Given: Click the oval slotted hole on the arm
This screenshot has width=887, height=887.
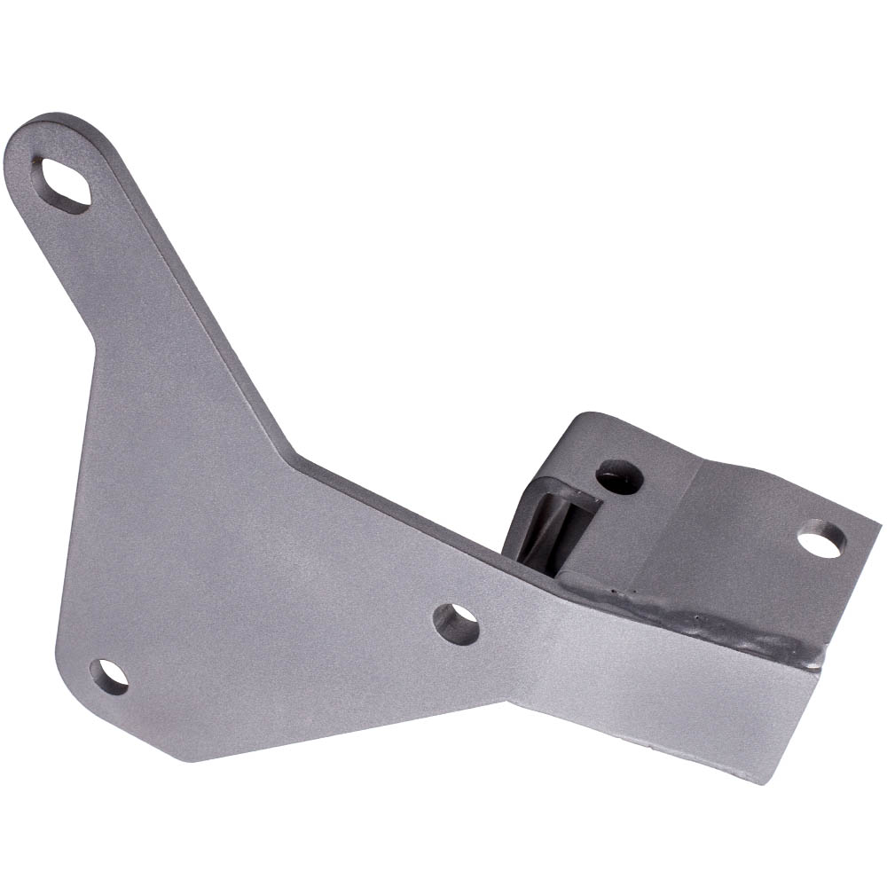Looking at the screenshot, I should point(61,184).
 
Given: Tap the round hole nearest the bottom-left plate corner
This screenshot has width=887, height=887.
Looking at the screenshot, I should point(109,677).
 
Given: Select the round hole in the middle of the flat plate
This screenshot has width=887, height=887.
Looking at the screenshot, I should point(457,624).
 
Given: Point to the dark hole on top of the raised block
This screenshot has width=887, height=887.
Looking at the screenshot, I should point(619,477).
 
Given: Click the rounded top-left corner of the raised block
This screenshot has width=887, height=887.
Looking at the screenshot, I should point(577,417).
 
